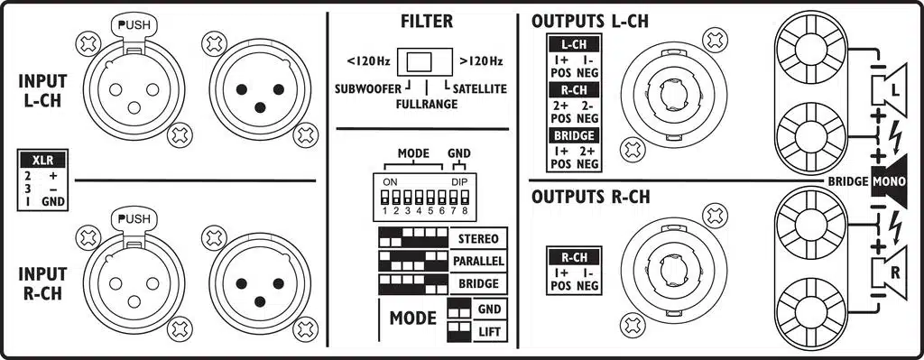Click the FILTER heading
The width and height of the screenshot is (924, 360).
[x=426, y=22]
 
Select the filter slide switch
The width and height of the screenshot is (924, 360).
[x=426, y=62]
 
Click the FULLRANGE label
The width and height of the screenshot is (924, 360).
[x=425, y=104]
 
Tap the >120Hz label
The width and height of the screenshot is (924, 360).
[x=481, y=62]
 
